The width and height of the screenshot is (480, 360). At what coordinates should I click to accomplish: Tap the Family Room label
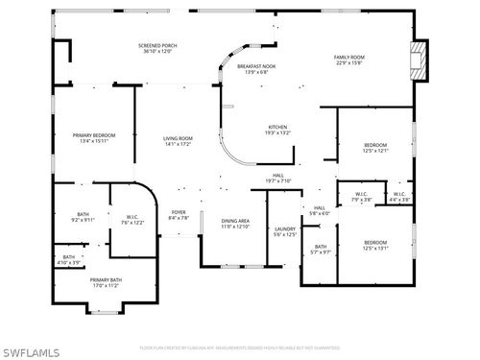click(348, 60)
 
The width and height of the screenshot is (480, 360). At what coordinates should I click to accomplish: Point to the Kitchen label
click(277, 130)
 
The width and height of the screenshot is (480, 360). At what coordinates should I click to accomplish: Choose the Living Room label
click(178, 141)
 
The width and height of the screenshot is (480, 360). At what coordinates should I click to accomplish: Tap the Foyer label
click(179, 215)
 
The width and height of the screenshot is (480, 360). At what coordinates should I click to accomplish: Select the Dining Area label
click(235, 224)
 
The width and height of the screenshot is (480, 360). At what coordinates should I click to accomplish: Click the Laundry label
click(285, 231)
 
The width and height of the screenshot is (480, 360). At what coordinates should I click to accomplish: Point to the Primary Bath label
click(107, 282)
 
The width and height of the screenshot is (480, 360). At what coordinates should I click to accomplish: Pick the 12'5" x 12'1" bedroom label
click(374, 148)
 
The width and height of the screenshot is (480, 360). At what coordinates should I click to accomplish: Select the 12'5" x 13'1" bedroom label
click(374, 245)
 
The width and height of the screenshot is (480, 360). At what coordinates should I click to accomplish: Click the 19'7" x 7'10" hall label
click(277, 178)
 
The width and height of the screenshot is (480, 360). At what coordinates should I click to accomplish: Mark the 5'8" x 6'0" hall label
click(319, 210)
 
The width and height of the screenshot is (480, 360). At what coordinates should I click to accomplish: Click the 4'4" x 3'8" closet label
click(398, 198)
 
